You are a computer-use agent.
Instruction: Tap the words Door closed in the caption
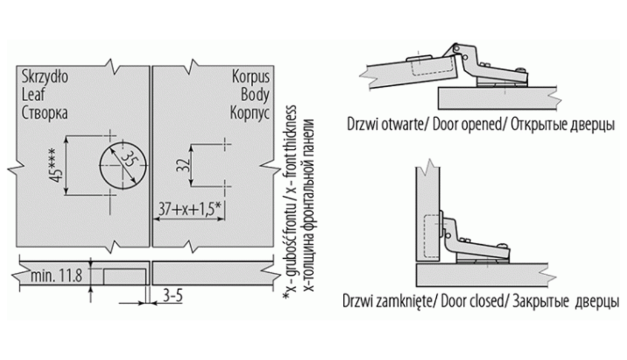(467, 301)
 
